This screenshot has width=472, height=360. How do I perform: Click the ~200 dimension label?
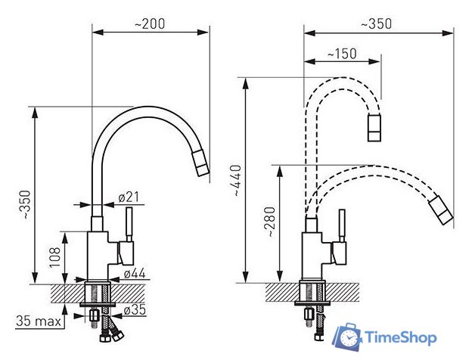coord(150,23)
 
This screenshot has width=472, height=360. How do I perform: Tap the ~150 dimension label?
coord(341,54)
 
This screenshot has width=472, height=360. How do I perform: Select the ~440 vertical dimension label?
coord(238,181)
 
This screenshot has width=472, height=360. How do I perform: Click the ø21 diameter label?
coord(129,197)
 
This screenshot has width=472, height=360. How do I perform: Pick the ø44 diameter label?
coord(135,273)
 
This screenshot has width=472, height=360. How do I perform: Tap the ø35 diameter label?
coord(135,309)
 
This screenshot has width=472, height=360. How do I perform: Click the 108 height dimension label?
coord(55,257)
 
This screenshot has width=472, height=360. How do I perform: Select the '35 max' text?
coord(39,321)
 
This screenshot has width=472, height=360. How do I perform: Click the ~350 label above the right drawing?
coord(377,24)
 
